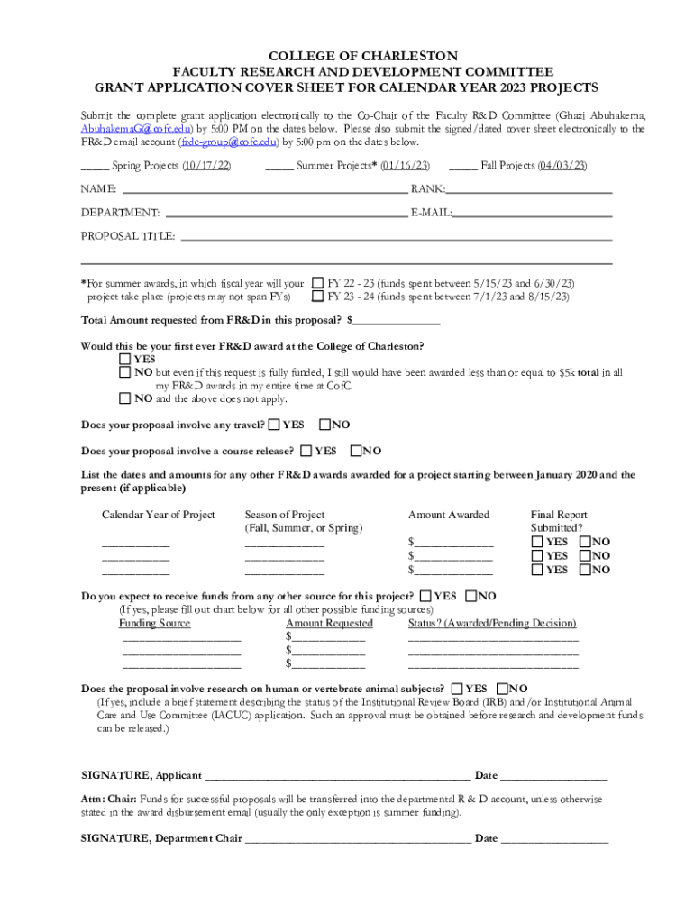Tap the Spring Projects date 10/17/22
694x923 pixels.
click(206, 166)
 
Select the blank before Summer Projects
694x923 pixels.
click(279, 167)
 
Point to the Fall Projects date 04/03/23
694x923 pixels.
click(562, 166)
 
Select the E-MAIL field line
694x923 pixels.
click(533, 215)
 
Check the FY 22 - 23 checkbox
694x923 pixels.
click(317, 282)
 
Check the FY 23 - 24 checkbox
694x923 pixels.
click(317, 296)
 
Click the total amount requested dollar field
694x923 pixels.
click(397, 321)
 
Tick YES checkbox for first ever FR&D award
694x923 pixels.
click(125, 359)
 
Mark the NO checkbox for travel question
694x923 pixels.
click(325, 425)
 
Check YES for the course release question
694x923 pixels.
click(307, 451)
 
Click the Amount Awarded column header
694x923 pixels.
click(449, 515)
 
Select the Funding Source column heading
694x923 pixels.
click(155, 623)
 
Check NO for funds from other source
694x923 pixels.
click(471, 596)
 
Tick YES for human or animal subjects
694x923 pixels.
click(459, 689)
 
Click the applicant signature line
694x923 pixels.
click(338, 776)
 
